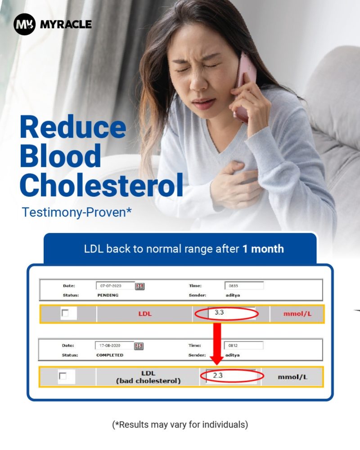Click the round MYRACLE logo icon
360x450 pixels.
pyautogui.click(x=24, y=24)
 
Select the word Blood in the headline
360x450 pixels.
pyautogui.click(x=60, y=156)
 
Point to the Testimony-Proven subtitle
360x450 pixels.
pyautogui.click(x=76, y=212)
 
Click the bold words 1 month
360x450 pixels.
pyautogui.click(x=263, y=249)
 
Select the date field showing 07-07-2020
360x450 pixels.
pyautogui.click(x=115, y=286)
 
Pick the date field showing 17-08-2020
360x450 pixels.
pyautogui.click(x=114, y=346)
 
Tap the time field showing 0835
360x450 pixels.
pyautogui.click(x=244, y=286)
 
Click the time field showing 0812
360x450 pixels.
pyautogui.click(x=243, y=346)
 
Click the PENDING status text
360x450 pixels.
pyautogui.click(x=108, y=295)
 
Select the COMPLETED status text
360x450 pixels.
pyautogui.click(x=110, y=355)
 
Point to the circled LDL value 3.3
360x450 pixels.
pyautogui.click(x=219, y=312)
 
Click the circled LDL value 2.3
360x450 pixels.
pyautogui.click(x=218, y=375)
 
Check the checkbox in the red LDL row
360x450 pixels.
pyautogui.click(x=65, y=313)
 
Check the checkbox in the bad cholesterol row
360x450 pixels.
pyautogui.click(x=63, y=376)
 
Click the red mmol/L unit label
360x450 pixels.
pyautogui.click(x=297, y=314)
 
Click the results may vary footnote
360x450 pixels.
pyautogui.click(x=180, y=424)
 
